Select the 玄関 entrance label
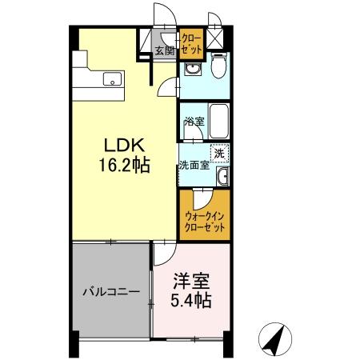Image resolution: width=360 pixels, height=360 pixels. click(x=164, y=51)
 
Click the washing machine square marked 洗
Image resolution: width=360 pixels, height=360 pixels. click(x=218, y=152)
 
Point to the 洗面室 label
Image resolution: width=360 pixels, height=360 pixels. click(x=194, y=166)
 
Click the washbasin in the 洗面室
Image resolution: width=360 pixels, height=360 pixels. click(x=223, y=176)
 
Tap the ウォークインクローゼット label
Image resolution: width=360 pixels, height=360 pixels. click(x=205, y=222)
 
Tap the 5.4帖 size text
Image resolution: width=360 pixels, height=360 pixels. click(x=191, y=302)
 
